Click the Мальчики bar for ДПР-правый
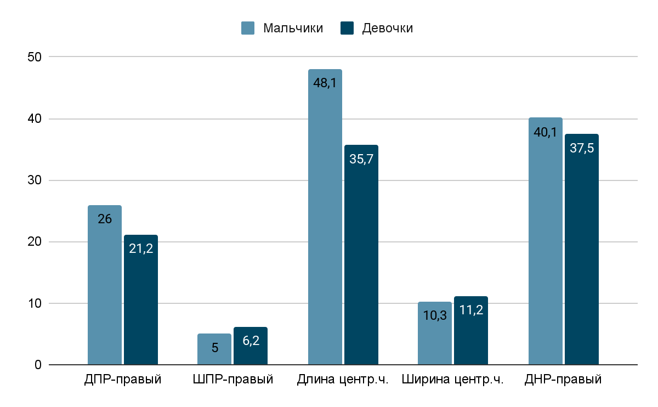coord(105,285)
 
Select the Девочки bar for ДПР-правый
coord(141,300)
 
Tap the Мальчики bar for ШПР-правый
coord(214,349)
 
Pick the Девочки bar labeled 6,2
coord(251,346)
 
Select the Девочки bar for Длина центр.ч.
coord(361,255)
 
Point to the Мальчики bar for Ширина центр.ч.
coord(435,333)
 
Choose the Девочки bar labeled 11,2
coord(471,331)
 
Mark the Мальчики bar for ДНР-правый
coord(546,241)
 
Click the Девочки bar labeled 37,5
coord(582,250)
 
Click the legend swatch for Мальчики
coord(248,28)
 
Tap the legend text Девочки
coord(387,28)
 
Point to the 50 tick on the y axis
coord(34,57)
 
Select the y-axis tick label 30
coord(34,180)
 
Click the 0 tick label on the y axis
coord(38,365)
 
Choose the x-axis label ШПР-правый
coord(233,379)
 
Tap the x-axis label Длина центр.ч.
coord(343,379)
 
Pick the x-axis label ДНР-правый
coord(563,379)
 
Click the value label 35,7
coord(361,159)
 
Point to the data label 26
coord(105,219)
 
